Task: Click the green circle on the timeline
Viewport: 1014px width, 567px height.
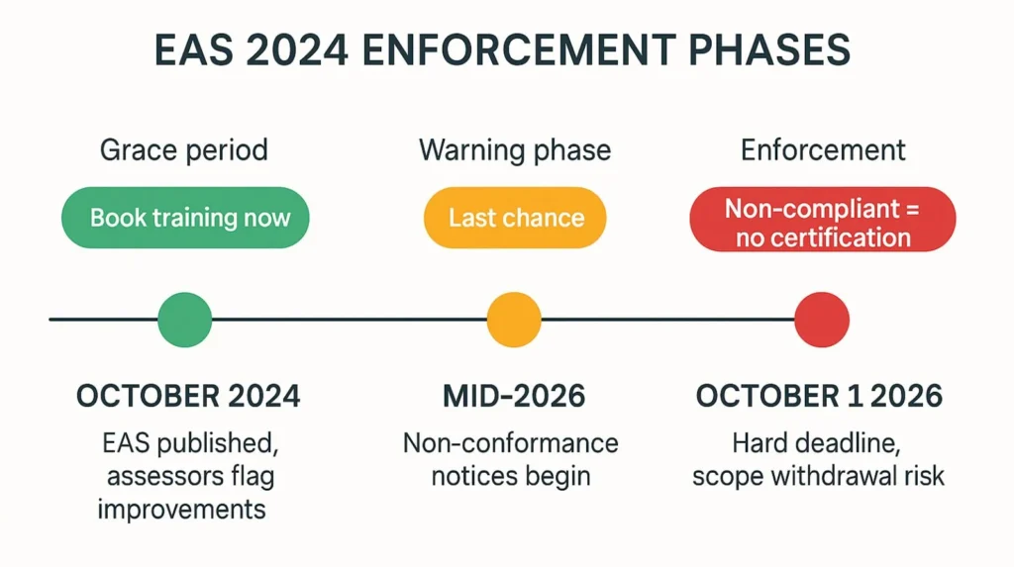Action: click(185, 320)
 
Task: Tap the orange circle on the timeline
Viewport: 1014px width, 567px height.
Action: click(514, 320)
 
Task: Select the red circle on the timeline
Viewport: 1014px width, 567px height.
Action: click(822, 320)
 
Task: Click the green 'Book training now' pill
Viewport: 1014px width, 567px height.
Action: click(185, 218)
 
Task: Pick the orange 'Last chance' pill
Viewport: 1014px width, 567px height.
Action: click(515, 218)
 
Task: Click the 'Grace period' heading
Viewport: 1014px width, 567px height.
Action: click(184, 150)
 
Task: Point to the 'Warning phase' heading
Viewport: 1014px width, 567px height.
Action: click(515, 150)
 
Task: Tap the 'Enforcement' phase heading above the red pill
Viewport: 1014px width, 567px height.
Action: click(823, 150)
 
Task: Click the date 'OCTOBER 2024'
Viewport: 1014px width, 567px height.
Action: click(188, 397)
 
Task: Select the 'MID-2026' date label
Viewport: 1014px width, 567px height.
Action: click(514, 397)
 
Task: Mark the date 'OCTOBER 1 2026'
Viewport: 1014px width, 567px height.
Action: click(819, 397)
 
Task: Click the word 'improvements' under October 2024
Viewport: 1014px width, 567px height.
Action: click(182, 509)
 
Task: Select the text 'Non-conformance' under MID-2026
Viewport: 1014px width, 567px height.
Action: click(511, 443)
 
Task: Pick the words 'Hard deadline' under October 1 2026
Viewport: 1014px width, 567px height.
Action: click(817, 443)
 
